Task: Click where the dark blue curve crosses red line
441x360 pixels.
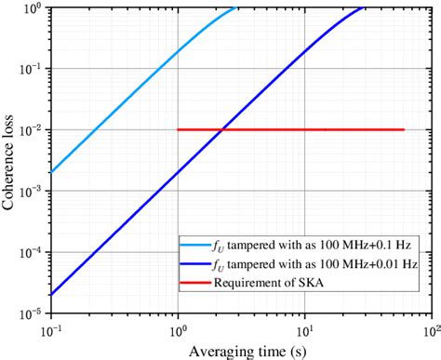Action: tap(220, 130)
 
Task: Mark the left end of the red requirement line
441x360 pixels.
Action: tap(178, 130)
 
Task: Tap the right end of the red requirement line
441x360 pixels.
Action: tap(404, 130)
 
